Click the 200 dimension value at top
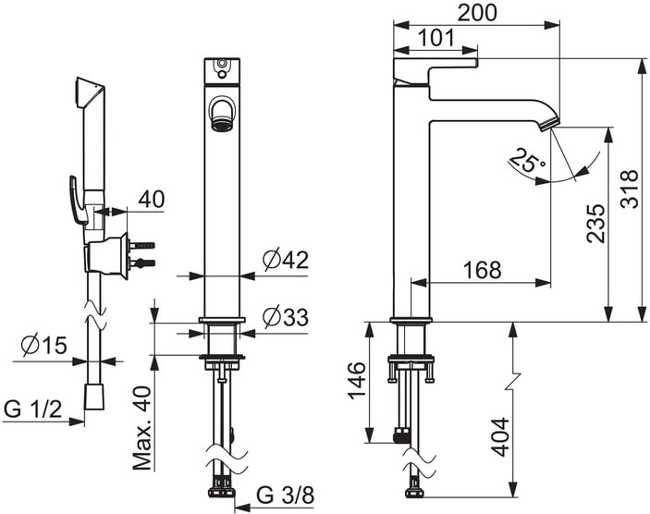click(x=477, y=13)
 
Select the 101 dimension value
click(x=436, y=38)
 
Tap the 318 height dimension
click(x=630, y=189)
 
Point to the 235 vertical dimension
click(x=596, y=223)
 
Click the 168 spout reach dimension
click(x=482, y=270)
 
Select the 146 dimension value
click(x=357, y=380)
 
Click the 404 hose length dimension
click(x=500, y=437)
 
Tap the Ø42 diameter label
click(x=286, y=260)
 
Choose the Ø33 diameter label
click(x=286, y=317)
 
